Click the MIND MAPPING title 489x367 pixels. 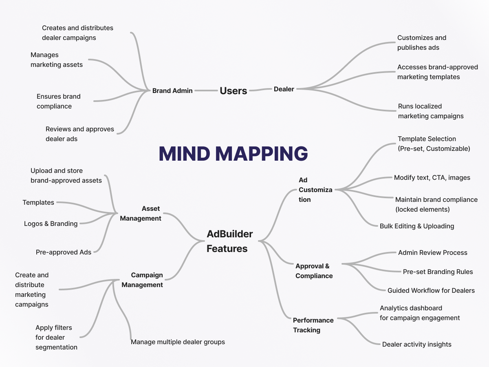coord(233,154)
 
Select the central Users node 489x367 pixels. coord(233,91)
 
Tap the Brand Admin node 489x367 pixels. coord(172,91)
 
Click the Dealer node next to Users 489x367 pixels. coord(284,89)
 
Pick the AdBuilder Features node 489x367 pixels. coord(229,241)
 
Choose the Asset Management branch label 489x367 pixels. coord(141,213)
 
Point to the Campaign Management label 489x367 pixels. coord(142,280)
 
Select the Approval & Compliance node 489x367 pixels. coord(314,271)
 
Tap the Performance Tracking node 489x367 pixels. coord(313,325)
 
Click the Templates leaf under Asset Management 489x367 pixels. coord(38,202)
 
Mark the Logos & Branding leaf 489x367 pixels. coord(51,223)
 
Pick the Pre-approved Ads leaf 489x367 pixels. coord(64,252)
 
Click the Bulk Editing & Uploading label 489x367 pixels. coord(417,226)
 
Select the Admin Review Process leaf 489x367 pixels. coord(433,252)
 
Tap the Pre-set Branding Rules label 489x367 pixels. coord(438,272)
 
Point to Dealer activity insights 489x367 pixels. coord(416,344)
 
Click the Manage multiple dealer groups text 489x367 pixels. coord(178,342)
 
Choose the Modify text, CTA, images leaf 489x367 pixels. coord(432,177)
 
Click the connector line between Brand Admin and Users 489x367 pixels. coord(206,90)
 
